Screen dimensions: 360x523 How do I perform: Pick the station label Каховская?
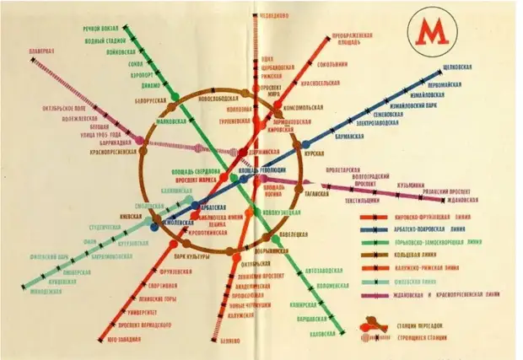[325, 334]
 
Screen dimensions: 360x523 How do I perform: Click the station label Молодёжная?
[46, 293]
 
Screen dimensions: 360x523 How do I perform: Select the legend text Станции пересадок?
[421, 324]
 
